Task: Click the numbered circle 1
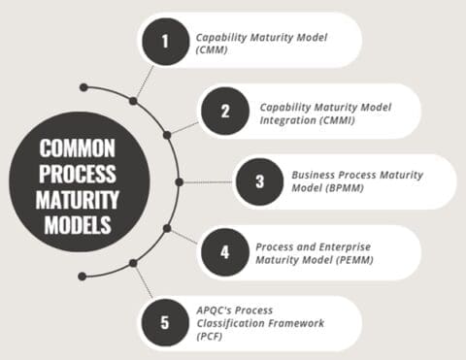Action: click(x=163, y=43)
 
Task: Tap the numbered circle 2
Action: click(x=225, y=110)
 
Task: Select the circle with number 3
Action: click(x=258, y=180)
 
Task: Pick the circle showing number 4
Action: click(x=225, y=252)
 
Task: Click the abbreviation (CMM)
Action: click(x=213, y=52)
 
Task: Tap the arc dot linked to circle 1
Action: click(x=133, y=100)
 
